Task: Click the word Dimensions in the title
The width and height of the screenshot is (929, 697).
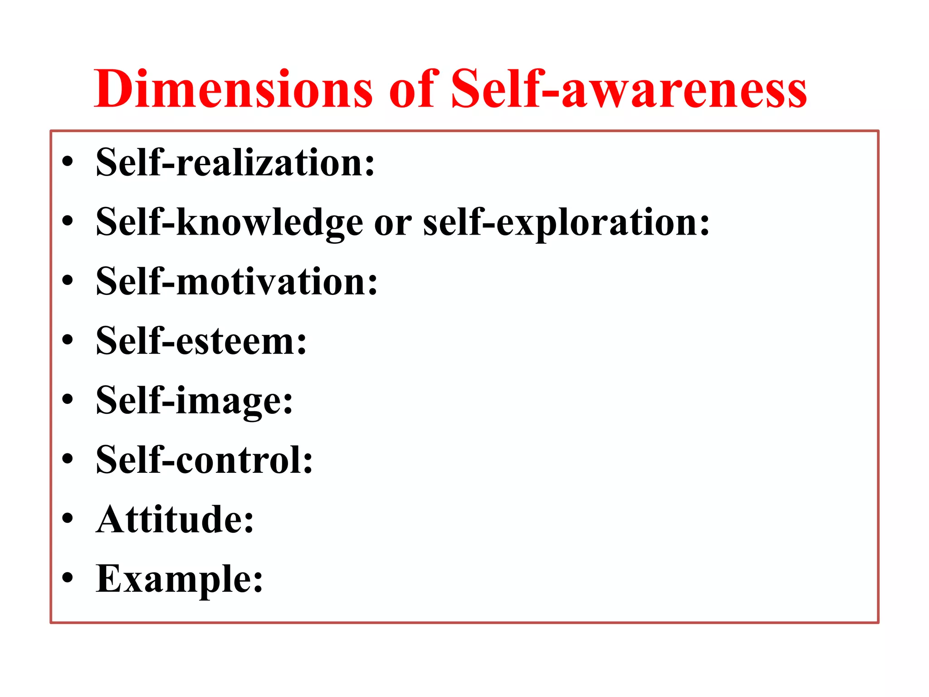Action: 233,89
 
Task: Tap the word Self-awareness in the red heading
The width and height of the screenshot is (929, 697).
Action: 629,89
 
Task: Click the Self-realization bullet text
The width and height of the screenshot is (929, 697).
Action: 235,162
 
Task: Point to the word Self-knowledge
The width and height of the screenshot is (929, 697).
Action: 230,222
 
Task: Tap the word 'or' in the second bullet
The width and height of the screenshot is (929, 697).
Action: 393,223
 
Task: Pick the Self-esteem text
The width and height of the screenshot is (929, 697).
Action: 201,341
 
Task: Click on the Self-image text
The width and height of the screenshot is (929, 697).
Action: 194,401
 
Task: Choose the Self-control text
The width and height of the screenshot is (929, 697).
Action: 204,460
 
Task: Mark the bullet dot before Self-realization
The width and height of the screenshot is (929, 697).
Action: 68,162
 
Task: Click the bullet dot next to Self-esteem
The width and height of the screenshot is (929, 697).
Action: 68,341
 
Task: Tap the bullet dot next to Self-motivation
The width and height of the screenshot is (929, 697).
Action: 68,281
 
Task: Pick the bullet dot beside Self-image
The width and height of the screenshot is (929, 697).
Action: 68,400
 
